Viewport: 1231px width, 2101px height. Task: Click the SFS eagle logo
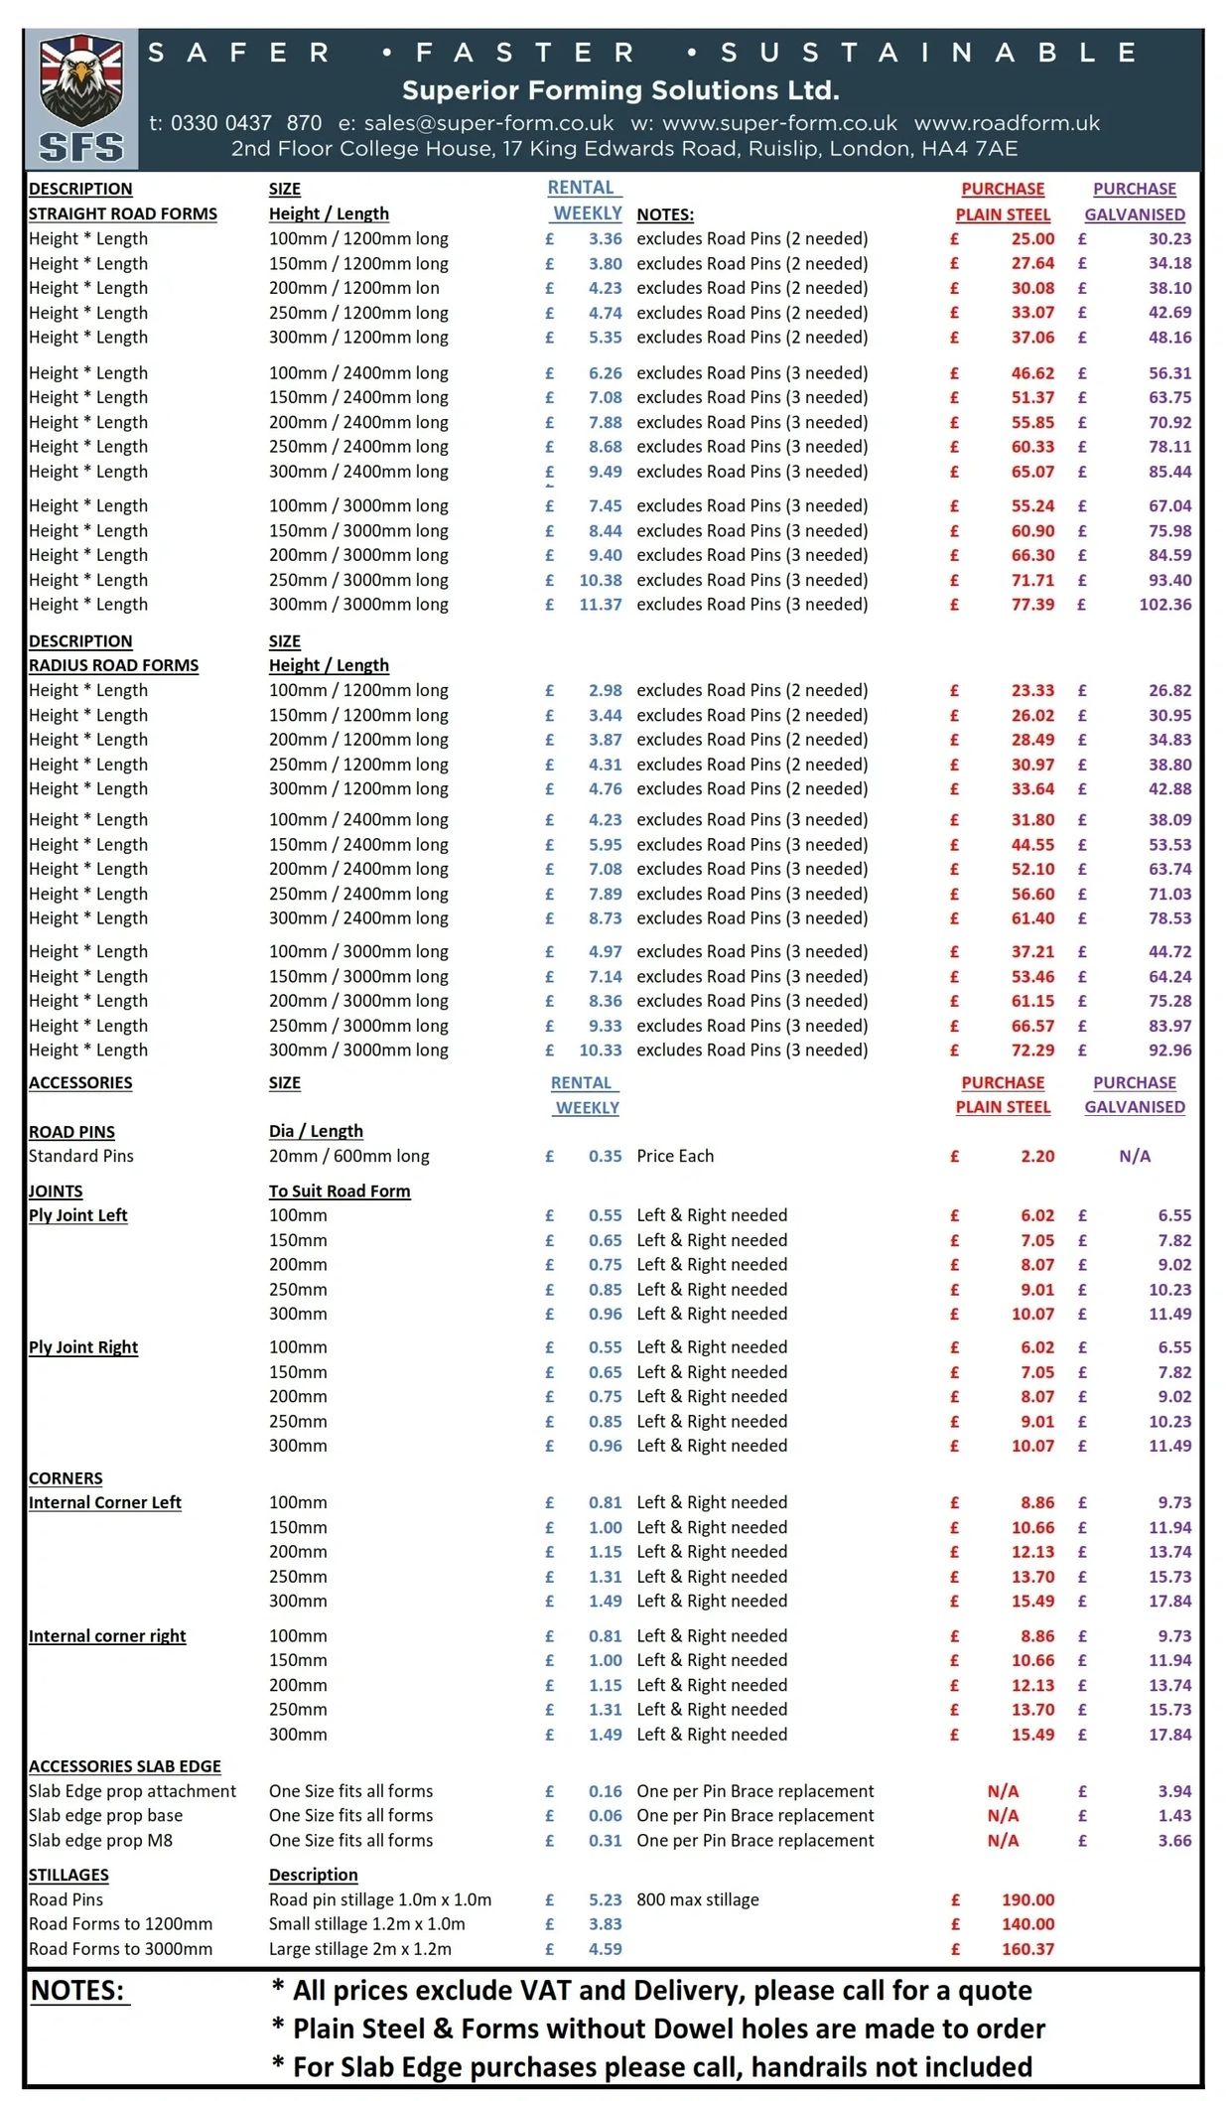(81, 99)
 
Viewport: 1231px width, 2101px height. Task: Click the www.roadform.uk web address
(1007, 123)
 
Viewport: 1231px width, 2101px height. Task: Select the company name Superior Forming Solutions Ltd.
(620, 90)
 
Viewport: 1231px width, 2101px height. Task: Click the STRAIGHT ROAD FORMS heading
(123, 213)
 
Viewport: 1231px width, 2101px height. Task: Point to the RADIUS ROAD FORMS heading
(113, 665)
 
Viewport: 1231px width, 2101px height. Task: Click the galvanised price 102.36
(1165, 604)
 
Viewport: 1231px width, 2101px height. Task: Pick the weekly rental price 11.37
(601, 604)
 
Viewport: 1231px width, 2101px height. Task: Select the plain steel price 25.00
(1032, 238)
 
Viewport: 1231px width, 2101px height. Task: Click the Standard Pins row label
(81, 1156)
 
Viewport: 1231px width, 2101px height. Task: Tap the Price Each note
(675, 1156)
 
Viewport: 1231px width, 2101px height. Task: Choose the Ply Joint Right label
(83, 1347)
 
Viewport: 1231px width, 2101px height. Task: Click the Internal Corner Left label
(105, 1502)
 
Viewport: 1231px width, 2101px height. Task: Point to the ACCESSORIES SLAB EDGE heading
(125, 1766)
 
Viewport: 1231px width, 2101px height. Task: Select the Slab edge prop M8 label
(100, 1840)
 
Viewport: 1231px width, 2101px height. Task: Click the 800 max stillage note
(698, 1899)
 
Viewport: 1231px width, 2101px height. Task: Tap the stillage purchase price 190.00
(1027, 1899)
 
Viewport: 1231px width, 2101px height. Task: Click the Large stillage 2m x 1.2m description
(360, 1949)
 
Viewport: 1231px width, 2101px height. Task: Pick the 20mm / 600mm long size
(349, 1156)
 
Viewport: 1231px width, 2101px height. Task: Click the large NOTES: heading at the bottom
(77, 1990)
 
